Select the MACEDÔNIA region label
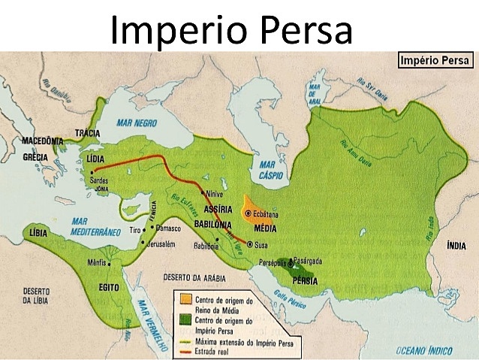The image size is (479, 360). click(43, 141)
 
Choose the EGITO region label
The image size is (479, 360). click(110, 287)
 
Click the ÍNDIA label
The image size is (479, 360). click(456, 245)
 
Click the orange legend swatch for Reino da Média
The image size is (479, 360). click(183, 298)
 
